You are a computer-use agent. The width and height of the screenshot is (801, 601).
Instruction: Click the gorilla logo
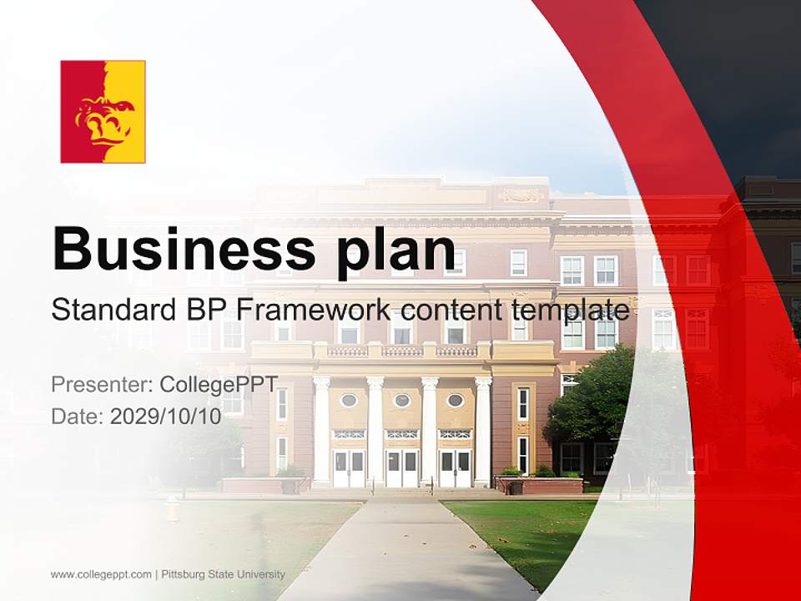(x=103, y=112)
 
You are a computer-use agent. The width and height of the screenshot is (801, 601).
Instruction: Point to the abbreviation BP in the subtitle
(x=205, y=310)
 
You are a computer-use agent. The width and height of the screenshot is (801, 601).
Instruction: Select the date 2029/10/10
(x=166, y=417)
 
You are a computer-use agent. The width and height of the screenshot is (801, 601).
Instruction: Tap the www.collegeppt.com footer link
(x=101, y=574)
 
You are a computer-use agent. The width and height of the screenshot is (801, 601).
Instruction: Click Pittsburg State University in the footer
(x=223, y=574)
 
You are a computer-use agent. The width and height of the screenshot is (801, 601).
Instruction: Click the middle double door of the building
(x=401, y=467)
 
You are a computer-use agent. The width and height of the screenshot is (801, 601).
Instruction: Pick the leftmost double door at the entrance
(x=349, y=467)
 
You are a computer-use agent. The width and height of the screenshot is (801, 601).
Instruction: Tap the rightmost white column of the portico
(x=483, y=431)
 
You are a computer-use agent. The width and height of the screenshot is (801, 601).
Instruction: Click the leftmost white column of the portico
(x=321, y=431)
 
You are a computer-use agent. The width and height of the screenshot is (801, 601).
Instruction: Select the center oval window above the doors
(x=402, y=401)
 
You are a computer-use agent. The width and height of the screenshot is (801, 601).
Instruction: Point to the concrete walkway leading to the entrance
(x=400, y=551)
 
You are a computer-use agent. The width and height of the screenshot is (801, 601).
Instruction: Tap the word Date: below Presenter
(x=78, y=417)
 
